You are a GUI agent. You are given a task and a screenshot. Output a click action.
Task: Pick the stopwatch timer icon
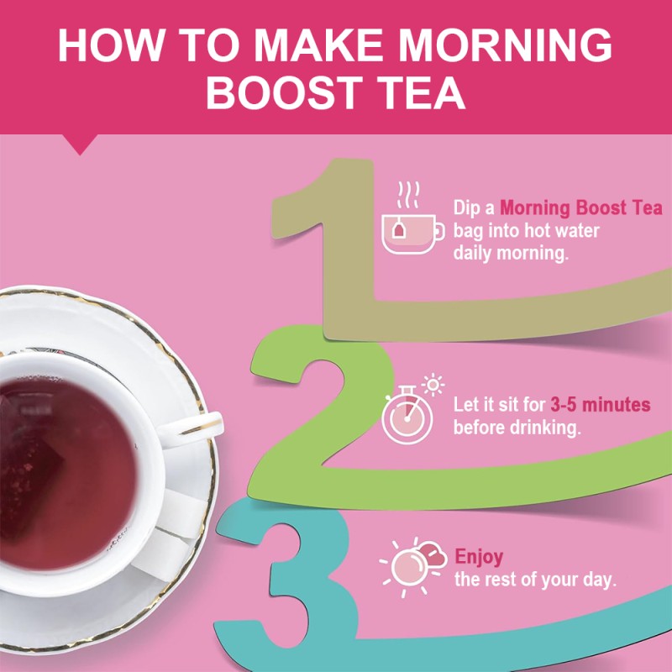pyautogui.click(x=409, y=412)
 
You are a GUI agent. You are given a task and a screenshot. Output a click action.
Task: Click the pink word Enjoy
pyautogui.click(x=479, y=556)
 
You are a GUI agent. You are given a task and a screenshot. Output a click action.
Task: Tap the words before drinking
pyautogui.click(x=517, y=428)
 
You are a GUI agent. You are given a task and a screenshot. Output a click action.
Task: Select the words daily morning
pyautogui.click(x=511, y=253)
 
